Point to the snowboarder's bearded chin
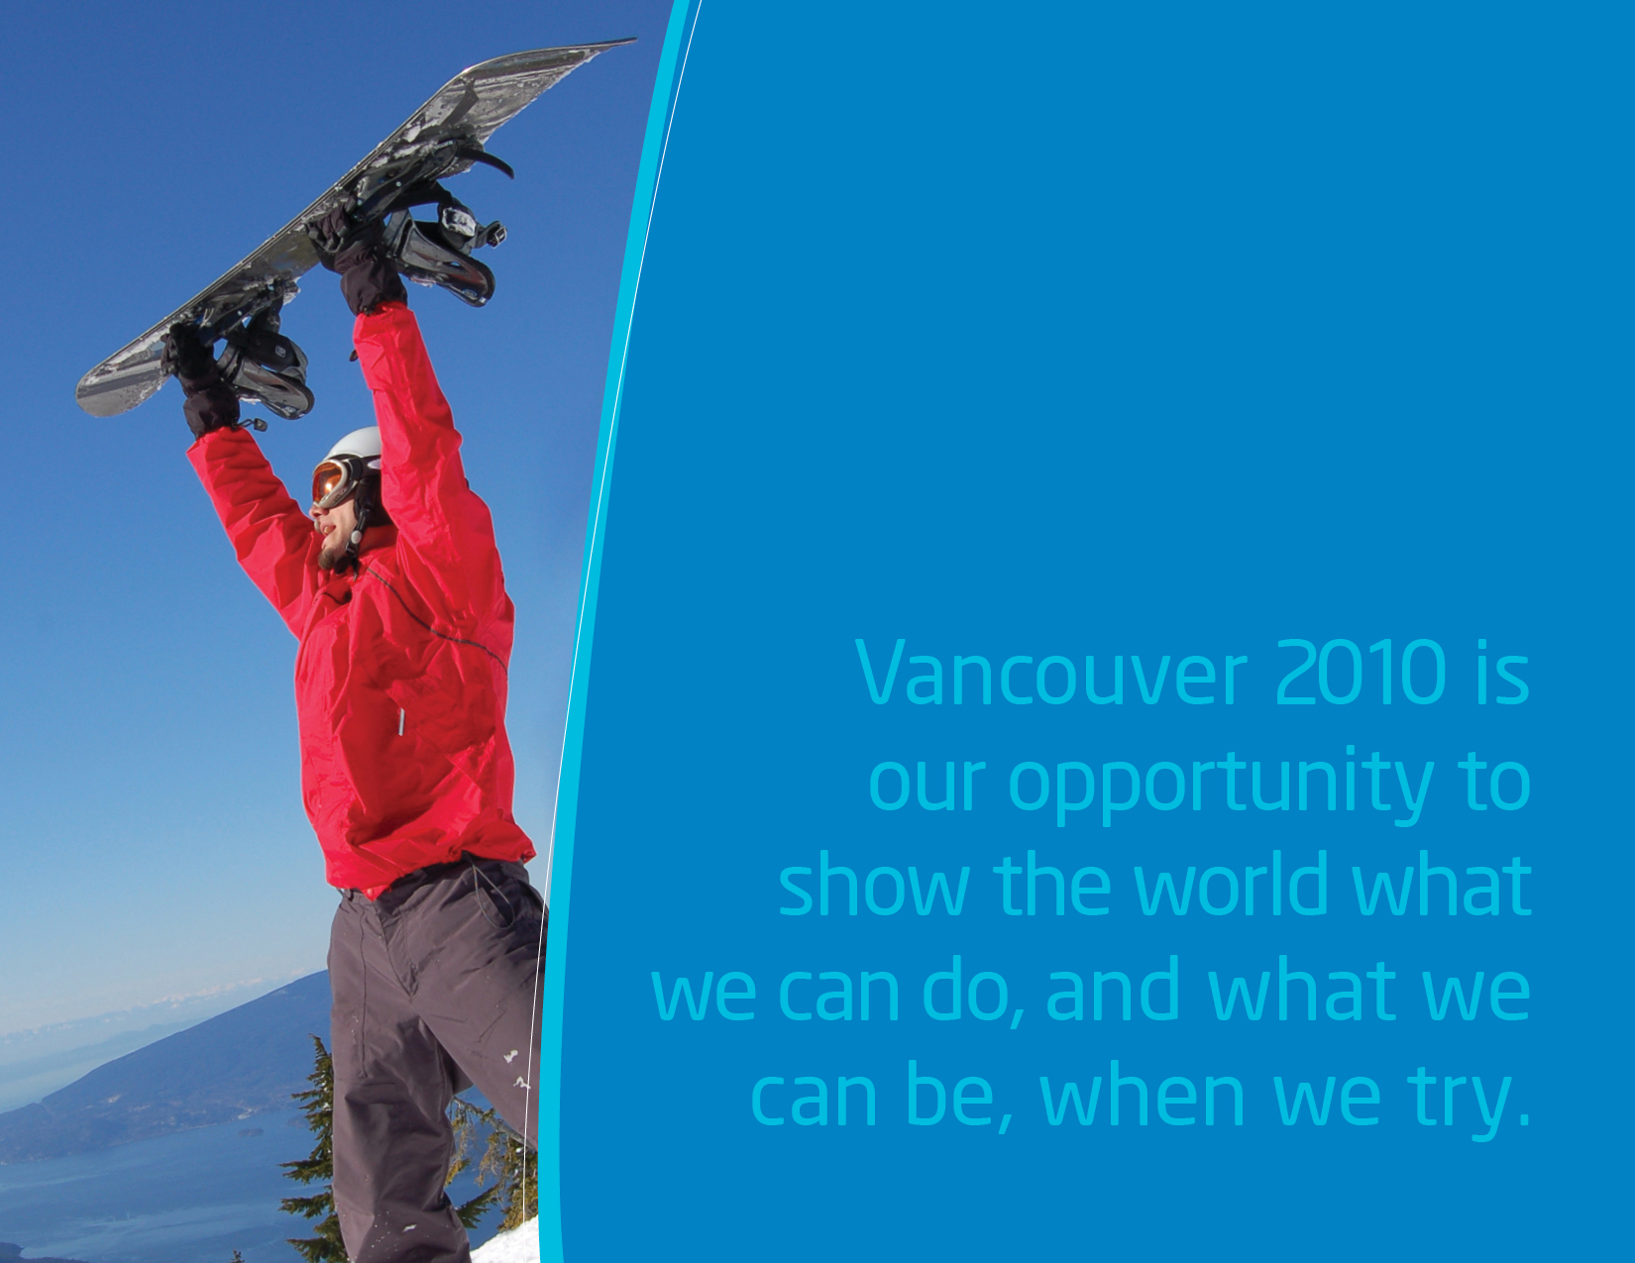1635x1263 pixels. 328,557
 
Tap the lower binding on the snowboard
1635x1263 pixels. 268,368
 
